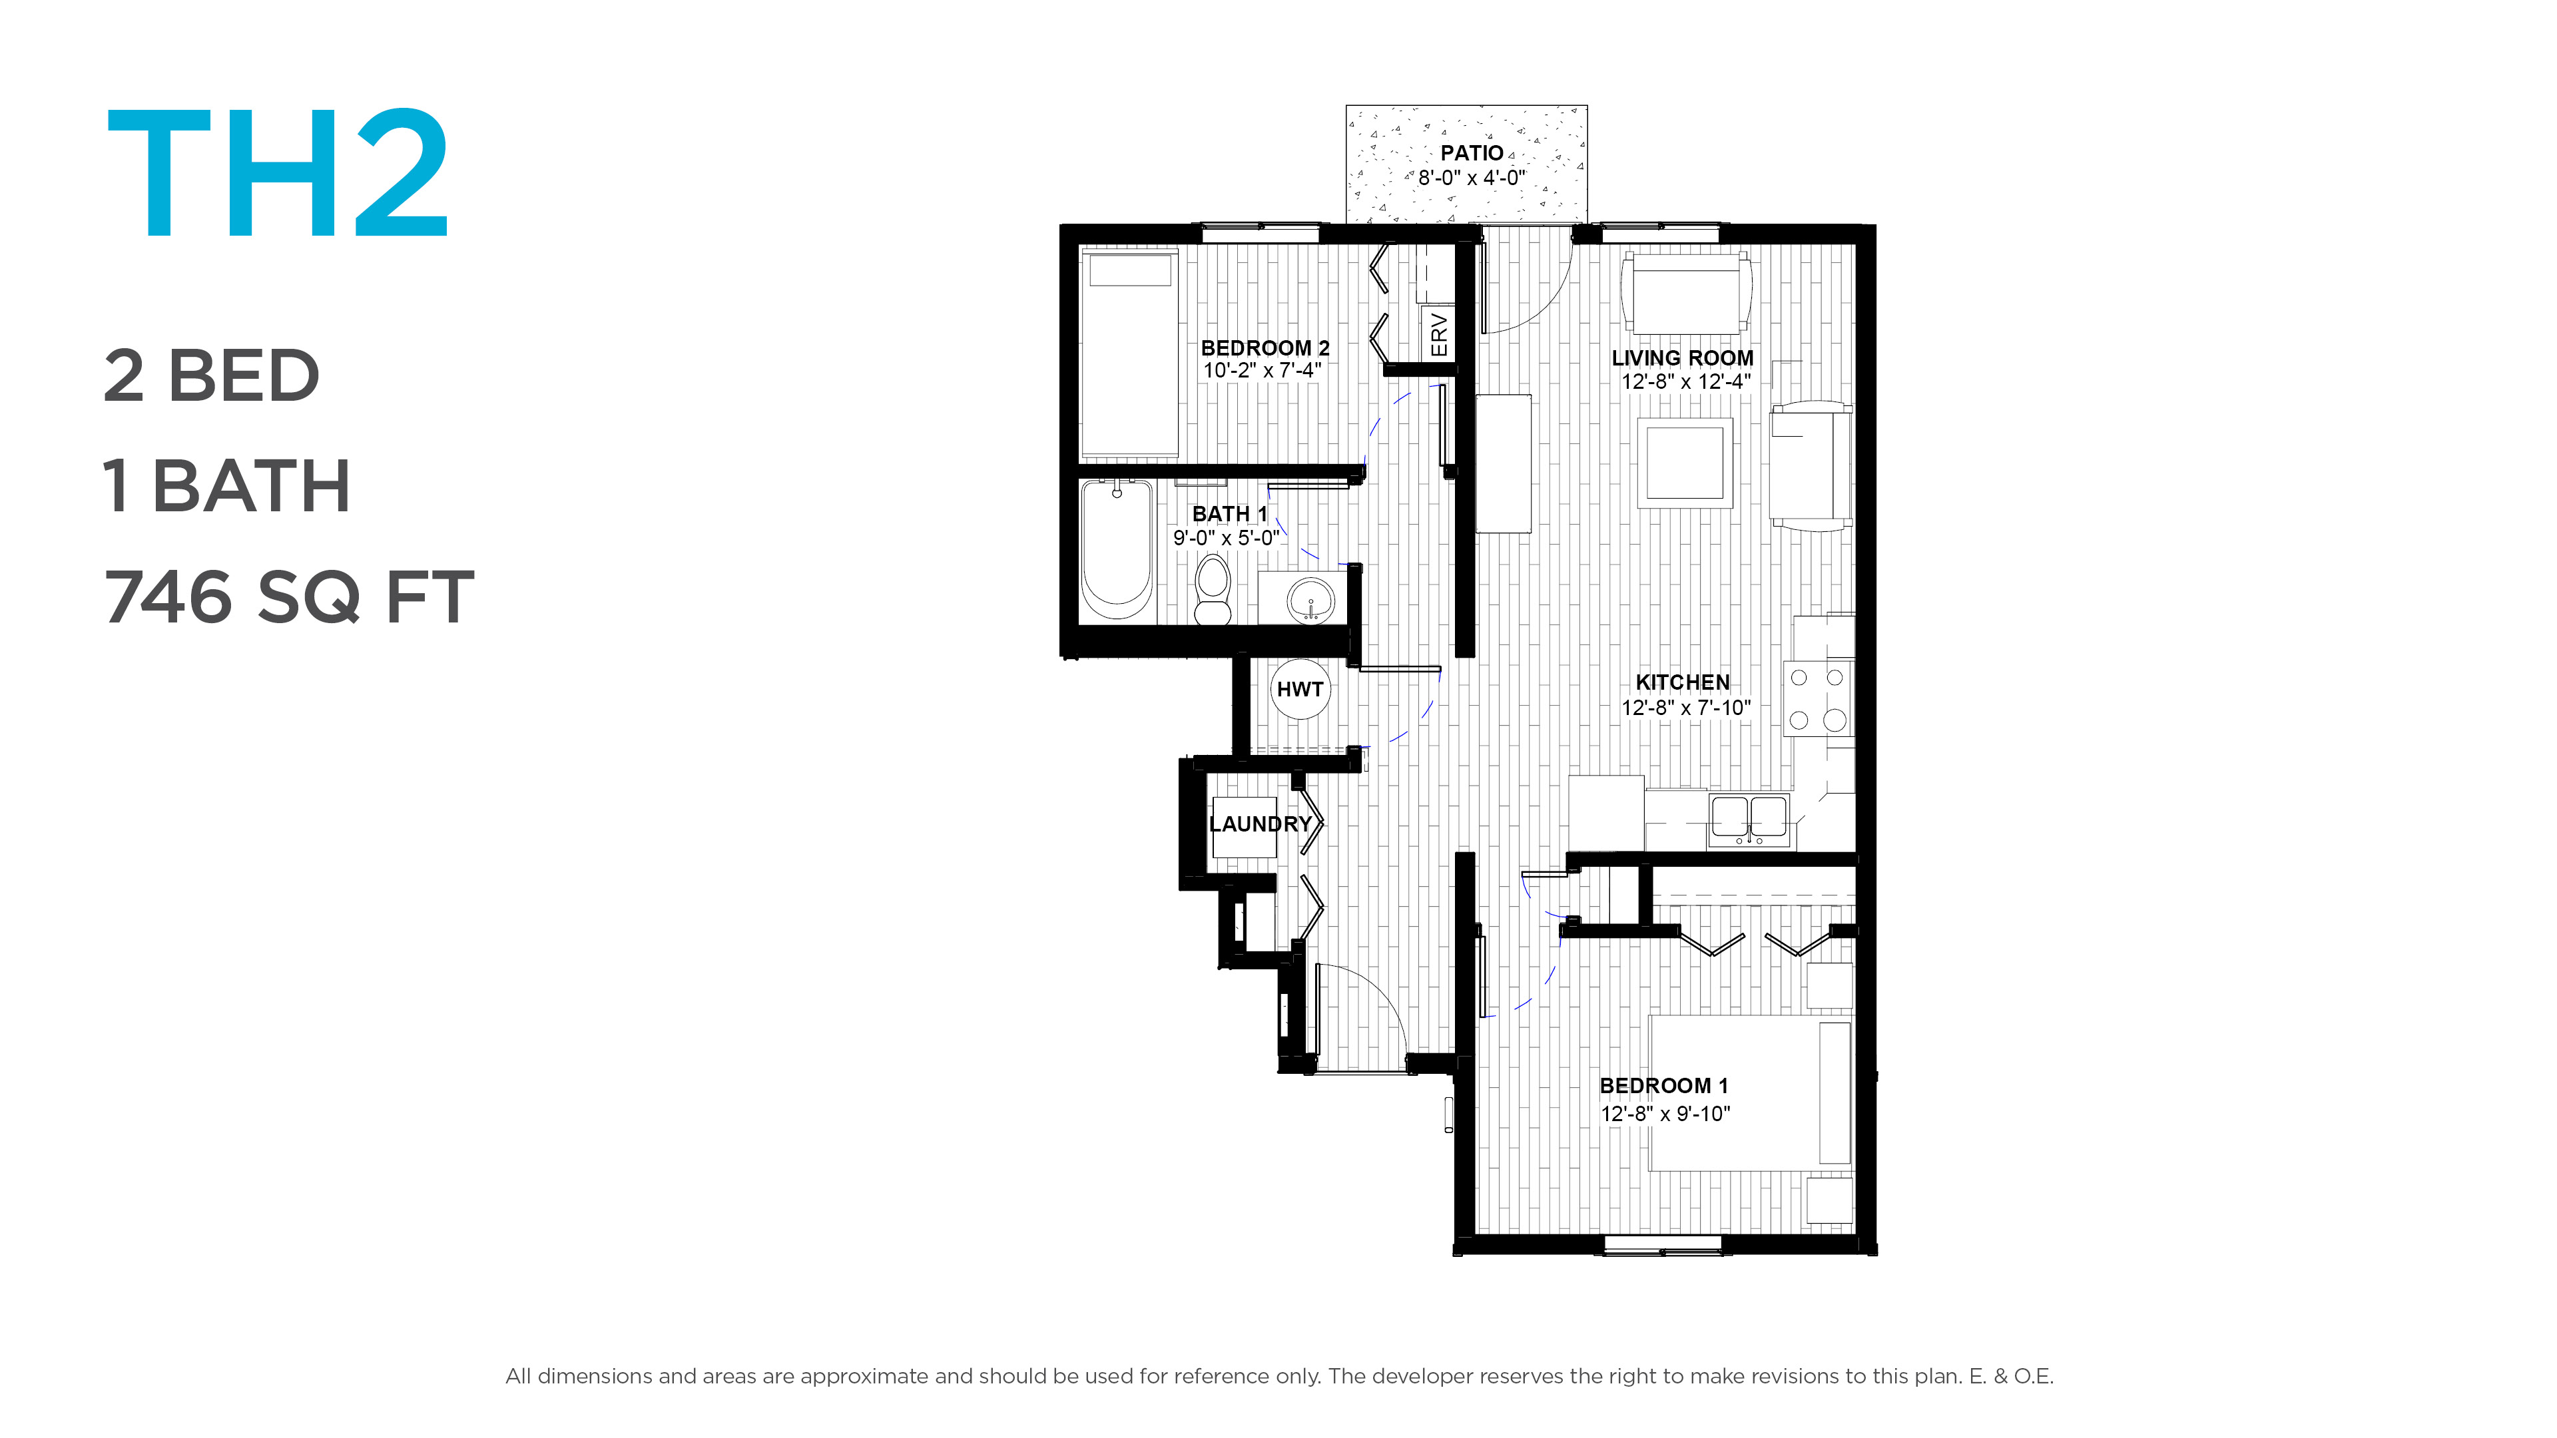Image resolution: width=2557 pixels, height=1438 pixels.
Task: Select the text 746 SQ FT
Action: [x=289, y=597]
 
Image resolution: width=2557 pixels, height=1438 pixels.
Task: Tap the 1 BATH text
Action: [x=226, y=486]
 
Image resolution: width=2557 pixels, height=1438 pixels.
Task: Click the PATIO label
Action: [x=1471, y=153]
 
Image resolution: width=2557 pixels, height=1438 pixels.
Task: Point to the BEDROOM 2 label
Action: [x=1265, y=348]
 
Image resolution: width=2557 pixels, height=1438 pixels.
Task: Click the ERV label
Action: [x=1439, y=334]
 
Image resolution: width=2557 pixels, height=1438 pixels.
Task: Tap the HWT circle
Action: [x=1299, y=689]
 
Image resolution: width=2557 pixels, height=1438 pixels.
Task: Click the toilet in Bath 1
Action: [x=1212, y=589]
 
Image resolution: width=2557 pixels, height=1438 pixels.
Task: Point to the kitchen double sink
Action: [x=1749, y=820]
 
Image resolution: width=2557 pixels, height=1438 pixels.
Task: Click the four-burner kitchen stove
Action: [x=1817, y=698]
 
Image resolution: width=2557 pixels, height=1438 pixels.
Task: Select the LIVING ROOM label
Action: [x=1683, y=358]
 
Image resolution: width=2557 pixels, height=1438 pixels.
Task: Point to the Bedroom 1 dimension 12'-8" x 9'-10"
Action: [x=1665, y=1114]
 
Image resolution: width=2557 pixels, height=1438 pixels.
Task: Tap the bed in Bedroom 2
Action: [x=1129, y=354]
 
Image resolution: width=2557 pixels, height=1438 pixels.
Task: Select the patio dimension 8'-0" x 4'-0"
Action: [x=1471, y=178]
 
